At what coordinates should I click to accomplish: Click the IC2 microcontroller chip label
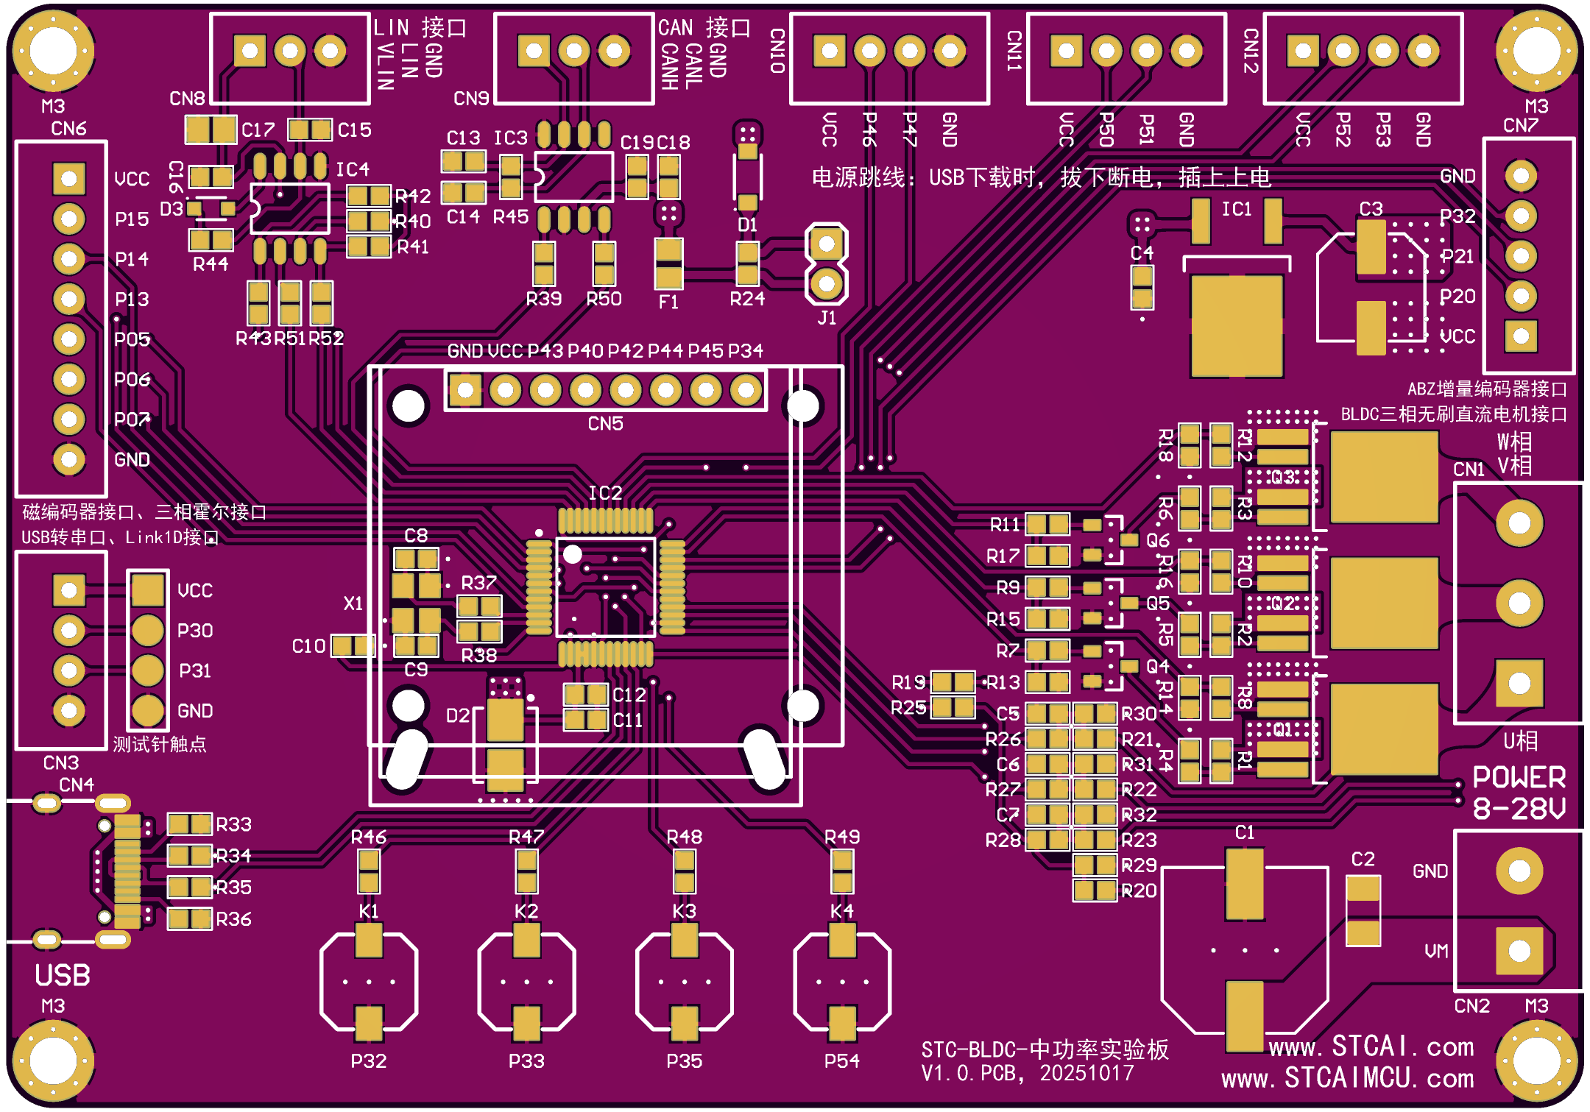604,492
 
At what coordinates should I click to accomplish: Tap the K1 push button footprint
369,982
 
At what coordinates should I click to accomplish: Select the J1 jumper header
827,263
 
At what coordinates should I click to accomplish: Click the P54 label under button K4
841,1060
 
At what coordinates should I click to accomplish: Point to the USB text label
63,975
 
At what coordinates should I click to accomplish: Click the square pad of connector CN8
250,51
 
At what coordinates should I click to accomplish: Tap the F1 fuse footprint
668,263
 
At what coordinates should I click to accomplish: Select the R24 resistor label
746,299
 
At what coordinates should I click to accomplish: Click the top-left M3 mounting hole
53,51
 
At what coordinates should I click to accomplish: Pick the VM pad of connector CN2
1519,950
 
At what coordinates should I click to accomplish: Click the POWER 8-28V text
1519,793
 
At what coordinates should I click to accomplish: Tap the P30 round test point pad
147,630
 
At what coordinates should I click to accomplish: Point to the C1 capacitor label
1244,832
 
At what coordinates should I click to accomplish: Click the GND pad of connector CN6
68,459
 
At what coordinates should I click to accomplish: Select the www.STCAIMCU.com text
1347,1079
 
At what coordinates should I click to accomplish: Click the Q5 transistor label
1157,603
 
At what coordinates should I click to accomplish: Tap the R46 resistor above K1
369,871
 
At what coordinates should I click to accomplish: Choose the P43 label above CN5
545,351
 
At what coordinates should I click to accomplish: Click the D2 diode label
457,715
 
